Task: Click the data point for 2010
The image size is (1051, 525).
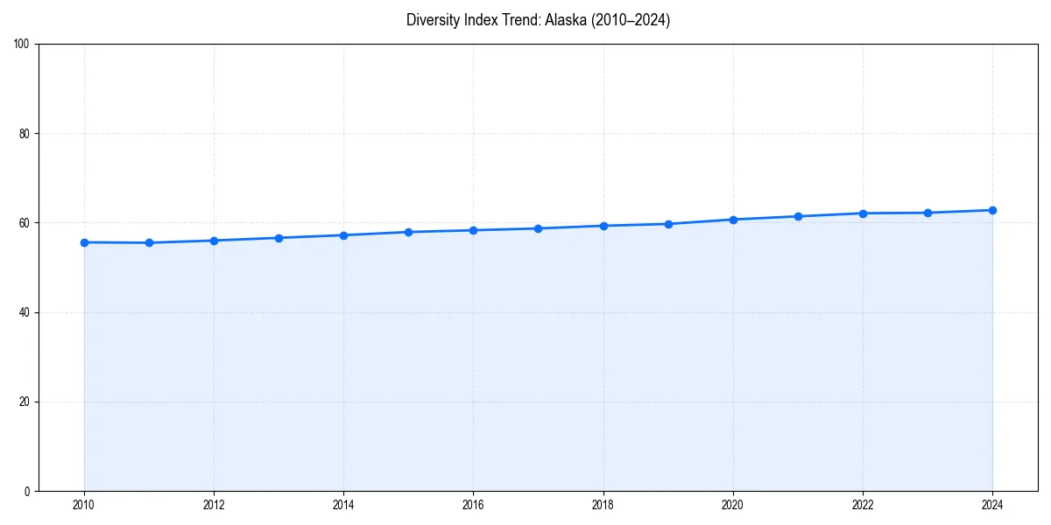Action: pos(84,242)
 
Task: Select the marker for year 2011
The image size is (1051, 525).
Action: pos(149,243)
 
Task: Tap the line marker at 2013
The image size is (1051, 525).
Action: pos(279,238)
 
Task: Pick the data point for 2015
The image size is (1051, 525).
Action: pos(408,232)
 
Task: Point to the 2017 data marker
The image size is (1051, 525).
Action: pos(538,228)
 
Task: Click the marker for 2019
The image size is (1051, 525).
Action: pos(668,224)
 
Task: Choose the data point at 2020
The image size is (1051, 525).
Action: pos(733,220)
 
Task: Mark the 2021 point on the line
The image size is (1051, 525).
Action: pos(798,216)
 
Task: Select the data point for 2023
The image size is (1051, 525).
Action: pos(928,213)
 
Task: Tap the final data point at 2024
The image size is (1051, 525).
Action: pos(992,210)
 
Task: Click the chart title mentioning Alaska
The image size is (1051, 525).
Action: pos(538,20)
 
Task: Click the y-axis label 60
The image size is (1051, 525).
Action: pos(25,223)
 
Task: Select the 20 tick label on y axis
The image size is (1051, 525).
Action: pos(25,402)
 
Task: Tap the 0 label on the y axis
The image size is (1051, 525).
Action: pos(27,491)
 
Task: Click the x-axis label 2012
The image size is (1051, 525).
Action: pos(214,505)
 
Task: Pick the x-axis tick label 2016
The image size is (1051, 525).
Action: pos(473,505)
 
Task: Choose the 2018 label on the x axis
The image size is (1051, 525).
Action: pos(603,505)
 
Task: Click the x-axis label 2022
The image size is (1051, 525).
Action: pos(863,505)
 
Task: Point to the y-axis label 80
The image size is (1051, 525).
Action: pos(25,134)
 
